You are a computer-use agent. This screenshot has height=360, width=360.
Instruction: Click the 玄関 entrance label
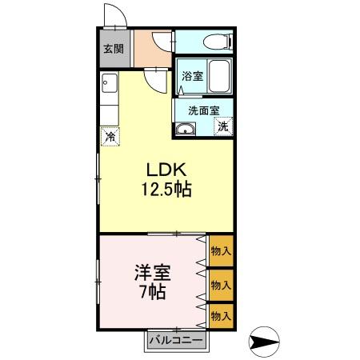(x=113, y=49)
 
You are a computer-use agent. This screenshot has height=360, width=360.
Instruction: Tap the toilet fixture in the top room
(x=216, y=41)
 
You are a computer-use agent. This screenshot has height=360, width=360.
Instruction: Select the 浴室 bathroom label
(x=192, y=77)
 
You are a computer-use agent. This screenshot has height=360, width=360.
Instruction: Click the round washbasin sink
(x=186, y=130)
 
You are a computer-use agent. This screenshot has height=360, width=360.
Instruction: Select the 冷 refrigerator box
(x=109, y=137)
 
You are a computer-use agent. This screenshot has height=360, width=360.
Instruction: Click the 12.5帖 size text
(x=166, y=190)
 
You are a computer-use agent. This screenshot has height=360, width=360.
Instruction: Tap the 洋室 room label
(x=150, y=272)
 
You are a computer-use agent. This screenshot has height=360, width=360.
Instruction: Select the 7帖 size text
(x=150, y=292)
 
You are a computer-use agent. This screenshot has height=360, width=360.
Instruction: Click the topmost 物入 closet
(x=221, y=251)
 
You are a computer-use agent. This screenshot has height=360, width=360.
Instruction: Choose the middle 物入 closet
(x=221, y=284)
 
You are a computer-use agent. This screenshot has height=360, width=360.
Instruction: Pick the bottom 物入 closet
(x=221, y=316)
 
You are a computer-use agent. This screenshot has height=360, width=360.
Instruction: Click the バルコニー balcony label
(x=174, y=340)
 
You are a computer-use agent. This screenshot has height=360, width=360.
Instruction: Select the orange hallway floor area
(x=150, y=49)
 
